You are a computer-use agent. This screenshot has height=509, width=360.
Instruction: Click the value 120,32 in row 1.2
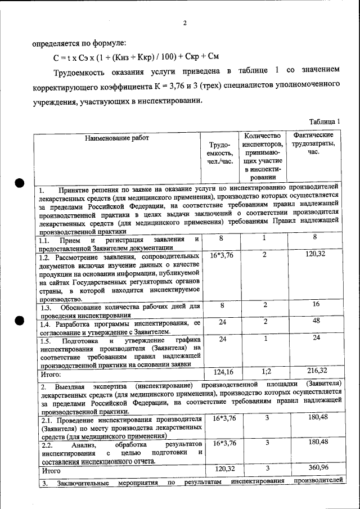tap(316, 255)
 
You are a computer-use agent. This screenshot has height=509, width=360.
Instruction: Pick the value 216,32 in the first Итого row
tap(316, 371)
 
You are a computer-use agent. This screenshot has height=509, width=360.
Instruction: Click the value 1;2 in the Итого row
tap(267, 371)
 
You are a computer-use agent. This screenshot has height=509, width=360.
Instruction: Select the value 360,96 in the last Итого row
tap(316, 468)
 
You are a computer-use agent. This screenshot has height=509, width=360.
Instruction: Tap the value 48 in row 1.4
tap(316, 321)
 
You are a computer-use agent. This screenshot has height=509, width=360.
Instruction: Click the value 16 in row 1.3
tap(316, 305)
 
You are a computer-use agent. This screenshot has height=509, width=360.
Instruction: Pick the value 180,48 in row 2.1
tap(316, 418)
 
